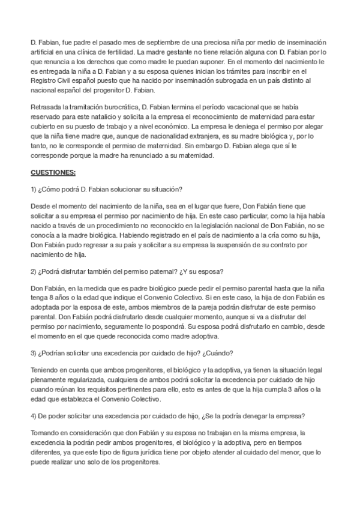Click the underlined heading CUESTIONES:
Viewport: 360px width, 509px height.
click(x=53, y=173)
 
